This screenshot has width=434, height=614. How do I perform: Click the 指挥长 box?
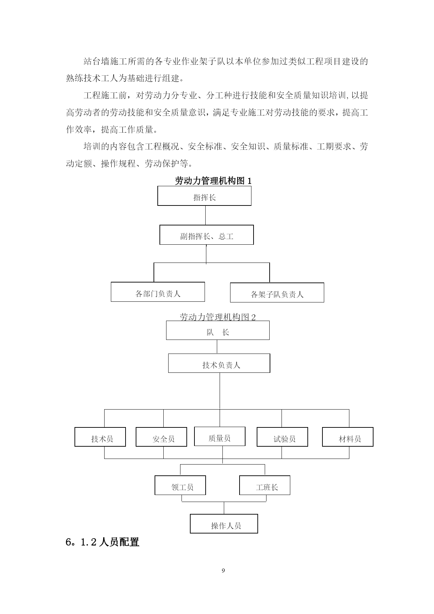click(204, 196)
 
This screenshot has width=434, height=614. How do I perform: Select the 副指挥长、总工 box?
click(206, 235)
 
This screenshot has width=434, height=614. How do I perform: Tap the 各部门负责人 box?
click(158, 292)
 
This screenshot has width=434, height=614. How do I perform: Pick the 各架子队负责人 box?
click(277, 293)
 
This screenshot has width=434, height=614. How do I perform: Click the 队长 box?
click(218, 330)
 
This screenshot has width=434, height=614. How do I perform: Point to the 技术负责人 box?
click(219, 363)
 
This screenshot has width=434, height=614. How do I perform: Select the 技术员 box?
click(100, 437)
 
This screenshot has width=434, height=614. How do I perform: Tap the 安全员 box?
click(161, 437)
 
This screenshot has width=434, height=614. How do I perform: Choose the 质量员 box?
click(220, 436)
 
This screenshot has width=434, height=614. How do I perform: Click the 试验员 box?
click(282, 437)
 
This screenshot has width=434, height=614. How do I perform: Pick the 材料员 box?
click(348, 437)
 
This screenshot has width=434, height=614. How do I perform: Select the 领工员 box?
click(180, 485)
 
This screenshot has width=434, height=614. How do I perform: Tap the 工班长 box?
click(265, 485)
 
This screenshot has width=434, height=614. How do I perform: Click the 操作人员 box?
click(224, 524)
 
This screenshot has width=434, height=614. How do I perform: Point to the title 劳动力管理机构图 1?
click(213, 181)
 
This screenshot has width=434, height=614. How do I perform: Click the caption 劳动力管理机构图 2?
click(218, 317)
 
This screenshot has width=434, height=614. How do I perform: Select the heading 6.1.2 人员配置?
click(102, 542)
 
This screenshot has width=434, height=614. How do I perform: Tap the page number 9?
click(223, 571)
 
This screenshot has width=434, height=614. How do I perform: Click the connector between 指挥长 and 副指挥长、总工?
click(205, 215)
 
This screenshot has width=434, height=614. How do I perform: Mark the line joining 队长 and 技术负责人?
click(217, 347)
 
